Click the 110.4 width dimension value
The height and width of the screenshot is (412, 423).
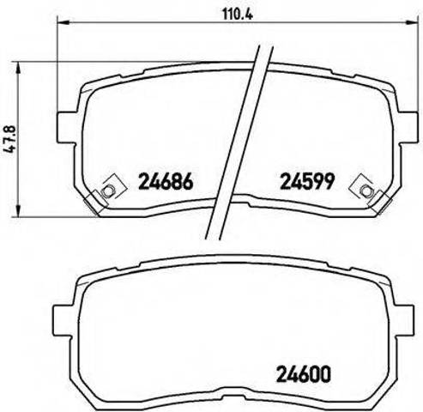238,14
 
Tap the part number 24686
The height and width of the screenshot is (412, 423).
166,182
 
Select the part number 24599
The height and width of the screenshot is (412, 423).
307,182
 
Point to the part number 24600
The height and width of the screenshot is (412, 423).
304,374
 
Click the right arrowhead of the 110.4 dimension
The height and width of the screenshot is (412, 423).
411,21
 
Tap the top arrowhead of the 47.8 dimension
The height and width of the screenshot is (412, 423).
18,68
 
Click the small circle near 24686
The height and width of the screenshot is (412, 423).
108,191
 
